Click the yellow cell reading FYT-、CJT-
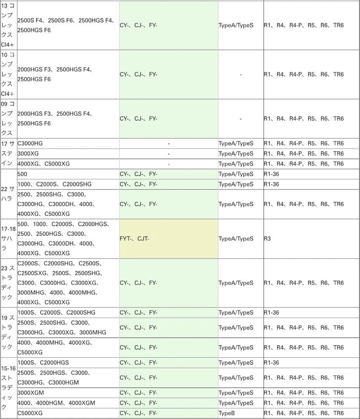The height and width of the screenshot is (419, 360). [168, 239]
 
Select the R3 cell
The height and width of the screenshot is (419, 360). [311, 239]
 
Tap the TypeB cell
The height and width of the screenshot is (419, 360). [241, 413]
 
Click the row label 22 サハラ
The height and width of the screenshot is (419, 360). [8, 194]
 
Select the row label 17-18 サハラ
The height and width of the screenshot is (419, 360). [8, 238]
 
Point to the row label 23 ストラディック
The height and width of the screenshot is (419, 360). [8, 283]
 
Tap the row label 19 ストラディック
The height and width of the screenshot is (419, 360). [8, 332]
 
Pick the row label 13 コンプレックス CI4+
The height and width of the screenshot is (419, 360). [8, 25]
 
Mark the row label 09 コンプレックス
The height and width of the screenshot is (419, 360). [8, 119]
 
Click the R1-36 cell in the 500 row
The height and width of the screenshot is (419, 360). [311, 174]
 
